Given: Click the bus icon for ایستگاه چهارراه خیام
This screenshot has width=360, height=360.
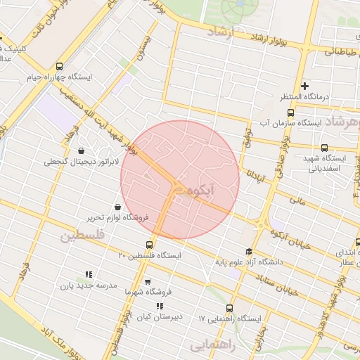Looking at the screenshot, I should click(59, 65).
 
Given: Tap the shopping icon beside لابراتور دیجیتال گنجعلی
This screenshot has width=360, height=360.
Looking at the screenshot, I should click(82, 150).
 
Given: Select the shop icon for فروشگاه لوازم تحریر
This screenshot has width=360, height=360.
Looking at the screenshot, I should click(116, 206).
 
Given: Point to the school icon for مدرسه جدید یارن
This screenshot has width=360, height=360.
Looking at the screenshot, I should click(88, 274).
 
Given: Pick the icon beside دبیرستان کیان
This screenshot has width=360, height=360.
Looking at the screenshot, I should click(160, 306).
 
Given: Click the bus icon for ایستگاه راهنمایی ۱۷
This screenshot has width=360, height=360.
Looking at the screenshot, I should click(229, 308).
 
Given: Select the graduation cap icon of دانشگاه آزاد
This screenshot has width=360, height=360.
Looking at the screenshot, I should click(248, 251).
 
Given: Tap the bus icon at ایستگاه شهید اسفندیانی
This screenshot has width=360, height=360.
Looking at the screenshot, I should click(324, 148).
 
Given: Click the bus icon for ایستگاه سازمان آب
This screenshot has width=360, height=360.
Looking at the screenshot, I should click(291, 112).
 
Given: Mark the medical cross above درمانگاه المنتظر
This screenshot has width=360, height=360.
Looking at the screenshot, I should click(305, 86).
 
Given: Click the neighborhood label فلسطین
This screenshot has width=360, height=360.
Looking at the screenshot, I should click(82, 236).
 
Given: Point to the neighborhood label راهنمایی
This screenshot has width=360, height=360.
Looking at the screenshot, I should click(210, 345).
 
